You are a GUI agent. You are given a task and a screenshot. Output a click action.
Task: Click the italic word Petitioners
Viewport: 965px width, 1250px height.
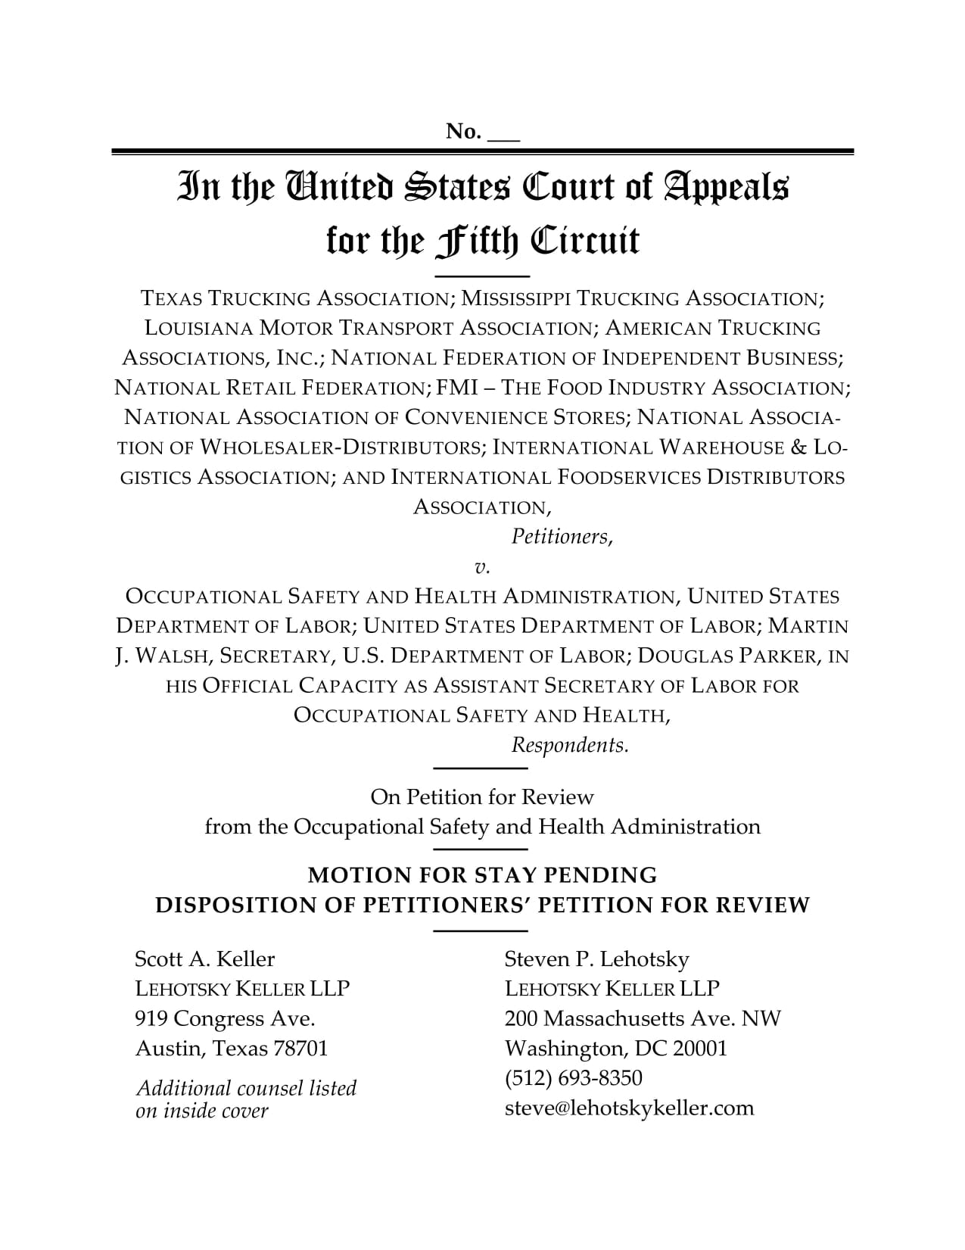tap(560, 537)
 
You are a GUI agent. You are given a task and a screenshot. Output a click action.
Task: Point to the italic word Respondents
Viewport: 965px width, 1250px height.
tap(569, 745)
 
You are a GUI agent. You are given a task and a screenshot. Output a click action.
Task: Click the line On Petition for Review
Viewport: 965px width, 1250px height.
tap(482, 797)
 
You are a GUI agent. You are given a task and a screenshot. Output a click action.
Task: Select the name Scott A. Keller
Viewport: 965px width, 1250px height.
tap(204, 959)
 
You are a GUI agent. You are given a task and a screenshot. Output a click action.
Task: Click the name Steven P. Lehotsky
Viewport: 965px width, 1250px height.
tap(596, 959)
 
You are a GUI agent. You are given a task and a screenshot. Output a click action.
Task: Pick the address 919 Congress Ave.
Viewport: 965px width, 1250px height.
tap(225, 1018)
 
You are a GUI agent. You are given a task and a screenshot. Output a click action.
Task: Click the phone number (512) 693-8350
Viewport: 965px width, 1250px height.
tap(573, 1078)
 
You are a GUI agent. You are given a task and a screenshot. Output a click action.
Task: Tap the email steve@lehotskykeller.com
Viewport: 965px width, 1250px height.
tap(629, 1108)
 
